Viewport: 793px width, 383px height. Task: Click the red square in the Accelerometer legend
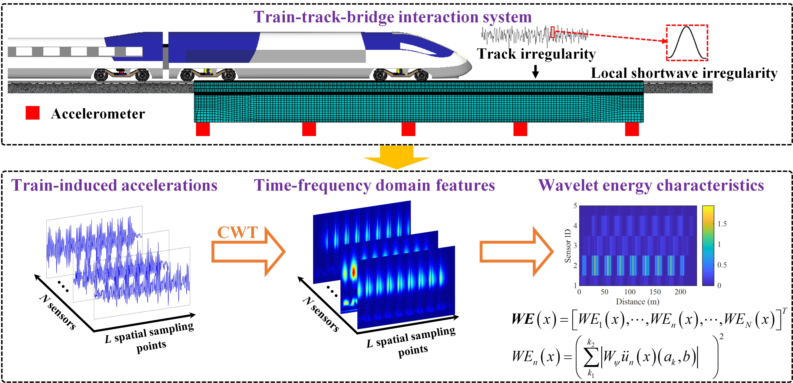(x=32, y=113)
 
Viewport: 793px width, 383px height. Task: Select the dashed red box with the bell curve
(x=687, y=43)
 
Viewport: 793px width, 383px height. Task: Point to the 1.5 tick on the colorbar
(x=722, y=224)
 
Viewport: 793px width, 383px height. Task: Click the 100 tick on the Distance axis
(x=630, y=292)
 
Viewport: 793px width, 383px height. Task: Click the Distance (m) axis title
(x=638, y=302)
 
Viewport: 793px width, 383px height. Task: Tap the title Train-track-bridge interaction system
(x=393, y=17)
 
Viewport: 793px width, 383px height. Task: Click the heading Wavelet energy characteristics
(x=651, y=185)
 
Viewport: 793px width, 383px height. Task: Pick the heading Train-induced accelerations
(x=114, y=185)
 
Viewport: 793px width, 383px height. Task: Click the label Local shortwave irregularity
(x=684, y=73)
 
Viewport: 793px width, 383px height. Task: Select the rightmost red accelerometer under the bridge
(x=632, y=129)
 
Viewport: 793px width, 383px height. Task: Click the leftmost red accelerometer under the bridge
(x=203, y=129)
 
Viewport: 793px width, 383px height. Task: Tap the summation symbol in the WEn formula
(x=591, y=358)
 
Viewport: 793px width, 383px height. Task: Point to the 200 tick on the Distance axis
(x=680, y=292)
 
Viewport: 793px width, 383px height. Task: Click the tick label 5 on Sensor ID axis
(x=575, y=206)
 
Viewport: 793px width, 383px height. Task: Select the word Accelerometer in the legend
(x=98, y=114)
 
